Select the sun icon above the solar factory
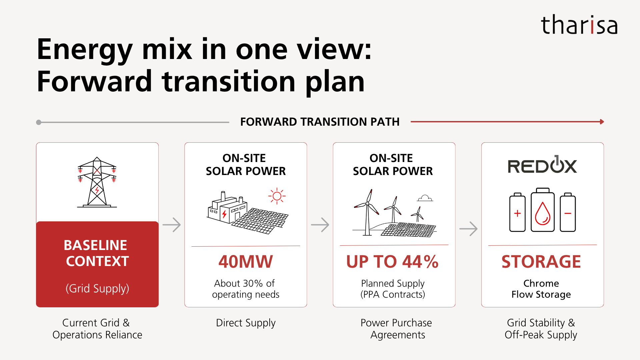[277, 196]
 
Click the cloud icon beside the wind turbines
[425, 198]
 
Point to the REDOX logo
[542, 164]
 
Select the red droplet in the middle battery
[542, 213]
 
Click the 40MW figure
[246, 262]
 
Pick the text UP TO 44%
[392, 262]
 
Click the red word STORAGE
[541, 262]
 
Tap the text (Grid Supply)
[97, 288]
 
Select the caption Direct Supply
[246, 323]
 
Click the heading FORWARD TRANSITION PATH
[320, 122]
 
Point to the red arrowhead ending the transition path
[602, 122]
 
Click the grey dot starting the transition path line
[39, 122]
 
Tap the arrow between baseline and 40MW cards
[172, 225]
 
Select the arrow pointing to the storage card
[468, 229]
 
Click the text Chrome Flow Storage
[541, 289]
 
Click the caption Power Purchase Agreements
[396, 329]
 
